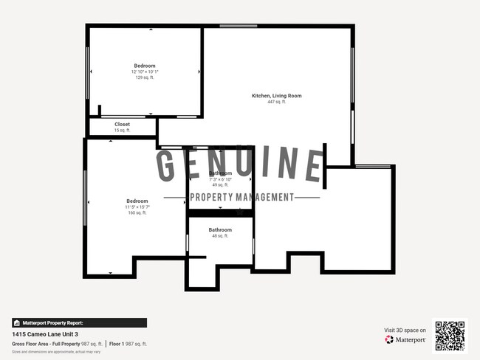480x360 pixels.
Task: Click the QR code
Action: coord(450,335)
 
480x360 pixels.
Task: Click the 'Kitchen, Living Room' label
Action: coord(276,96)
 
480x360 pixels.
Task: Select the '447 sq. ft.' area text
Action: coord(276,102)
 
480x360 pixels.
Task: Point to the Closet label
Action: coord(122,125)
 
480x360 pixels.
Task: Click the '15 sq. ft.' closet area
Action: coord(122,131)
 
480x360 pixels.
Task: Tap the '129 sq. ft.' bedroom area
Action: coord(144,77)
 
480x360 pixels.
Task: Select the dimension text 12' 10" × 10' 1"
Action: coord(145,72)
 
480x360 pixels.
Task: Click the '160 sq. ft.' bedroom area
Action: coord(137,213)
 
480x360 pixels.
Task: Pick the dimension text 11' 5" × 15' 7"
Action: coord(137,207)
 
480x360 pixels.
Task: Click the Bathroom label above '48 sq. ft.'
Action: coord(220,230)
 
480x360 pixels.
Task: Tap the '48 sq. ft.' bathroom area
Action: coord(220,236)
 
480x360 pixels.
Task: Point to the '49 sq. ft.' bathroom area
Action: coord(220,185)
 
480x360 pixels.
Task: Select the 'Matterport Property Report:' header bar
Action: coord(79,323)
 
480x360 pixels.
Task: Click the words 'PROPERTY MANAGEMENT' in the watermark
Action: coord(241,197)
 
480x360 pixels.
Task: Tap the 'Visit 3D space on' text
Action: coord(405,330)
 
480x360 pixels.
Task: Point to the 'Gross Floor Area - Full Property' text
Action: coord(45,344)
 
